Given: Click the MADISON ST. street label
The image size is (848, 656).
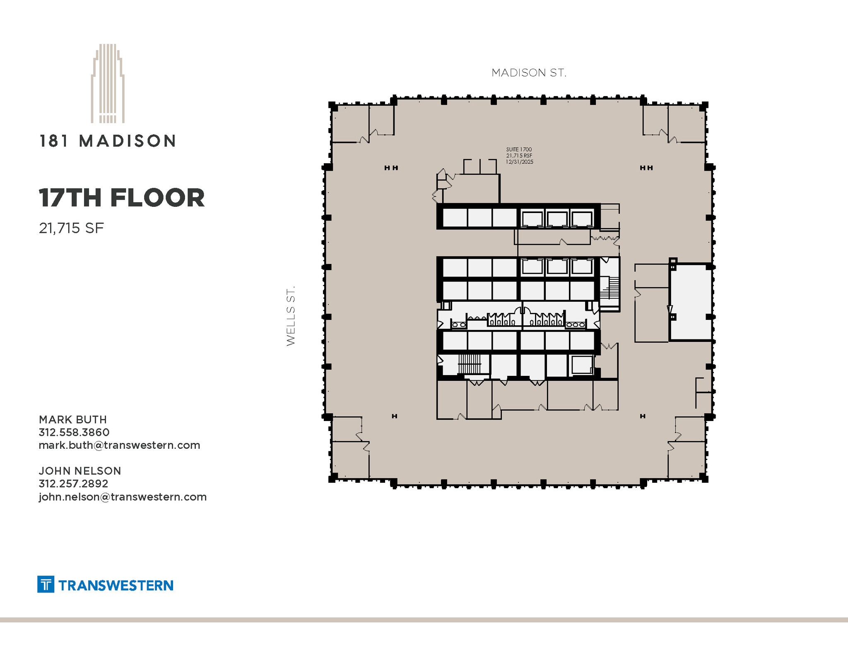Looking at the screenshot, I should pyautogui.click(x=528, y=73).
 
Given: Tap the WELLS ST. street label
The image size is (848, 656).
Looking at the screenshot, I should pyautogui.click(x=291, y=315).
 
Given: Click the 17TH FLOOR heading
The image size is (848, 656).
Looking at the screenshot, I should pyautogui.click(x=122, y=198).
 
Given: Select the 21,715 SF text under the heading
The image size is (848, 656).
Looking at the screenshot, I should pyautogui.click(x=71, y=228).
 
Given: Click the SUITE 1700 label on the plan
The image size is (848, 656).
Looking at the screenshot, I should pyautogui.click(x=519, y=149).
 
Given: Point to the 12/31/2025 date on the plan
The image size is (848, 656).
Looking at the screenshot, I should pyautogui.click(x=519, y=162).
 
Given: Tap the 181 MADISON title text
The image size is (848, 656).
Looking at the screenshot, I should pyautogui.click(x=108, y=141).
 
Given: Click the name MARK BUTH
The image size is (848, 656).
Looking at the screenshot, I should pyautogui.click(x=73, y=419).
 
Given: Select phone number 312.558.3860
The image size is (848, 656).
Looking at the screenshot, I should pyautogui.click(x=74, y=432).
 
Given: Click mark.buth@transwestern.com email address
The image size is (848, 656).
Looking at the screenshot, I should pyautogui.click(x=119, y=445).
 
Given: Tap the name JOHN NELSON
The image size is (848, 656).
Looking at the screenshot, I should pyautogui.click(x=80, y=471).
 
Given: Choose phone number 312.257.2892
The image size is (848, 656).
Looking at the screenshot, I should pyautogui.click(x=73, y=484).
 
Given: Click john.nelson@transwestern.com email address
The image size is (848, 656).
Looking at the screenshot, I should pyautogui.click(x=123, y=496).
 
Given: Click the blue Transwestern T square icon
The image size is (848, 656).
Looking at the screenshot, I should pyautogui.click(x=46, y=584).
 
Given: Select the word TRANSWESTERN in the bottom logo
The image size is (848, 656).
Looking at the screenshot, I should pyautogui.click(x=116, y=585).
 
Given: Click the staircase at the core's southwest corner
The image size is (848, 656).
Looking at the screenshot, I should pyautogui.click(x=469, y=364).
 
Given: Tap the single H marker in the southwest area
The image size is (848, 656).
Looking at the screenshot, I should pyautogui.click(x=394, y=416).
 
